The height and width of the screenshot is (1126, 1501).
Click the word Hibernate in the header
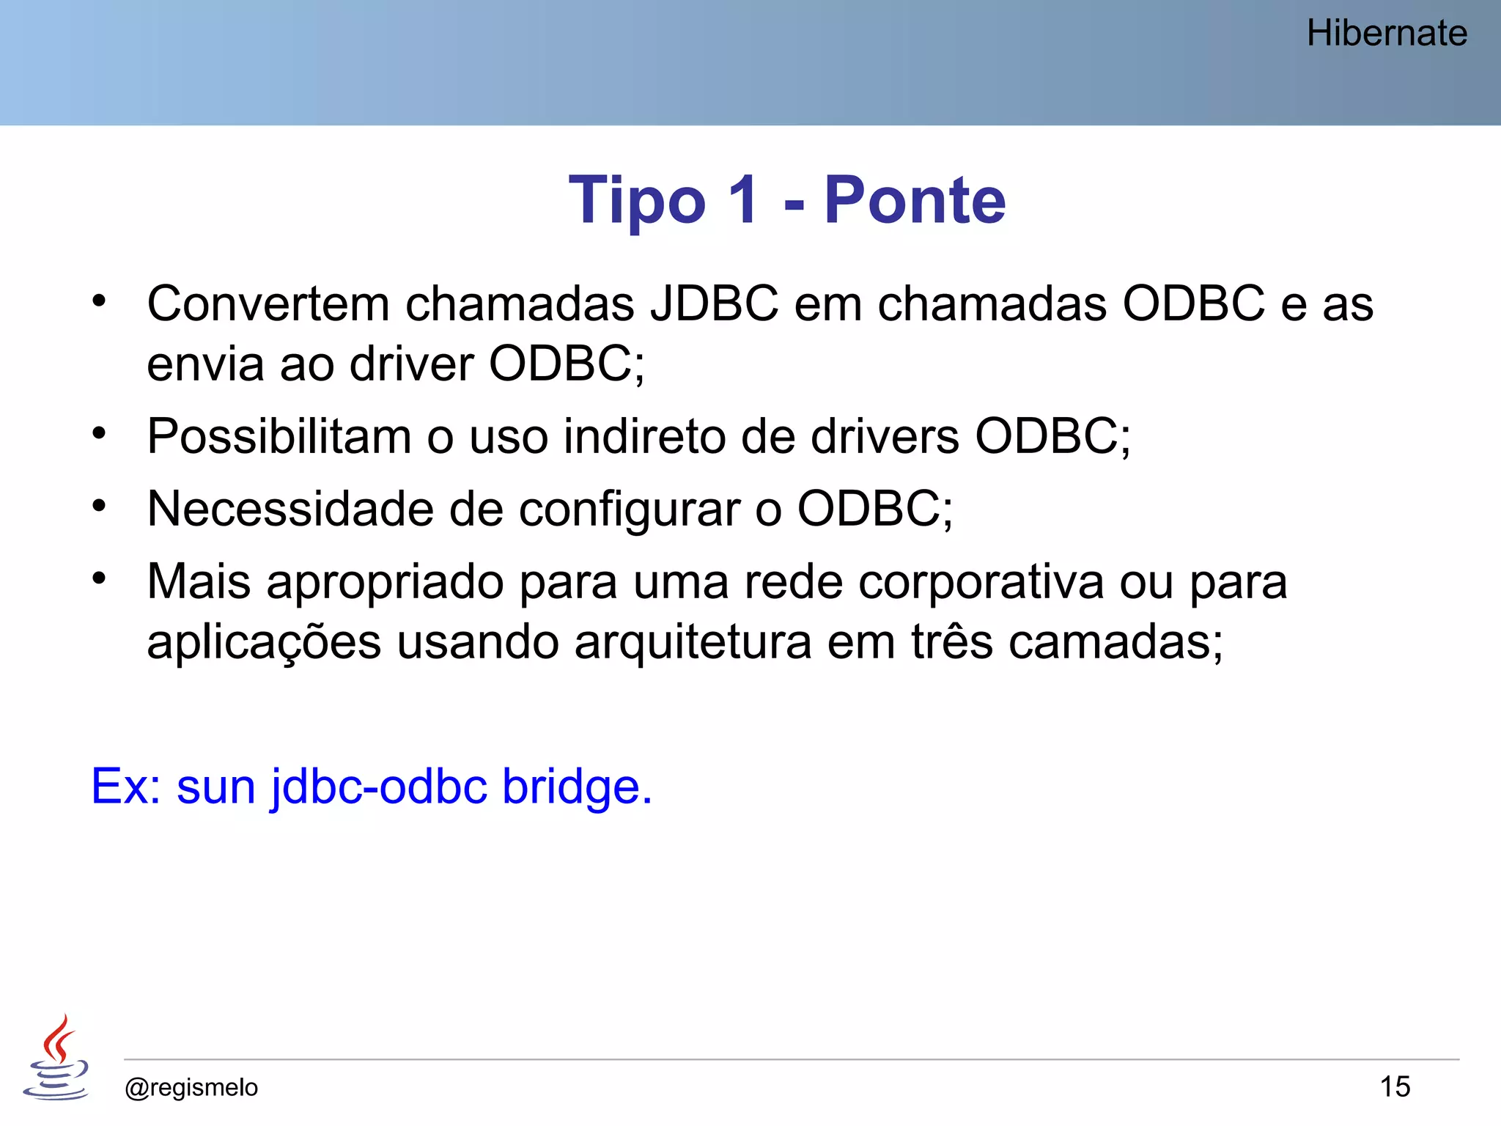click(1387, 34)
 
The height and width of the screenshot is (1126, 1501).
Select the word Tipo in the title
click(637, 201)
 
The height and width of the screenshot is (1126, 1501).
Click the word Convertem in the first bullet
click(268, 303)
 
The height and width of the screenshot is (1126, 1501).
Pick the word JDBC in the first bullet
click(714, 303)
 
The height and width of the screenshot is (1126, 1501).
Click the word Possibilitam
click(279, 437)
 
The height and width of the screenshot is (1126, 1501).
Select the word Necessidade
click(290, 509)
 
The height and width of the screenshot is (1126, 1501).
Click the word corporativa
click(981, 583)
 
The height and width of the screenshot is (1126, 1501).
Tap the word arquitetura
click(693, 643)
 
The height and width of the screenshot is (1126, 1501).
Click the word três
click(952, 643)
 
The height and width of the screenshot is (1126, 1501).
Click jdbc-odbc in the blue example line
click(379, 787)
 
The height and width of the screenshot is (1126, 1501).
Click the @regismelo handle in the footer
click(191, 1087)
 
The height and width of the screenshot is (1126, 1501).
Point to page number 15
click(1395, 1086)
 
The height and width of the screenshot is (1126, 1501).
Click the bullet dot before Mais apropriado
click(99, 579)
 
